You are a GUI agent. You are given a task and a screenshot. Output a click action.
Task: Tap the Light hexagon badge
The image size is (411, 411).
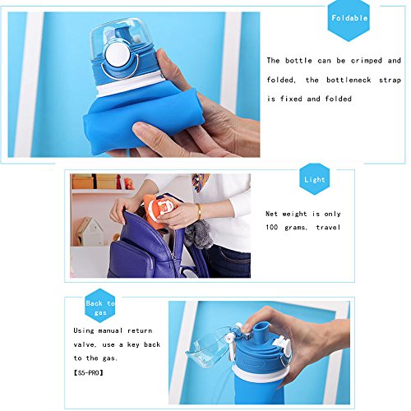(x=314, y=179)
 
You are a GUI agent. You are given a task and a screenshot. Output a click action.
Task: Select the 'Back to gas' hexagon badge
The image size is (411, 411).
(x=100, y=305)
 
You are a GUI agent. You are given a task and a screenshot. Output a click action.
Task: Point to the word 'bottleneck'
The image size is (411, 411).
(x=349, y=80)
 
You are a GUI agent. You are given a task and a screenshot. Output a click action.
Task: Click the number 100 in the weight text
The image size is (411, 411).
(x=271, y=227)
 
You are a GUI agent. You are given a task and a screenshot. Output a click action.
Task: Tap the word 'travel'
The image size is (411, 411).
(x=328, y=228)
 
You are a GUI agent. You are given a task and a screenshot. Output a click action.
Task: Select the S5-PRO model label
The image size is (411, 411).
(x=88, y=372)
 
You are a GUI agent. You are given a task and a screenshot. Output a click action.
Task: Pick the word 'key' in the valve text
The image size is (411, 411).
(x=133, y=344)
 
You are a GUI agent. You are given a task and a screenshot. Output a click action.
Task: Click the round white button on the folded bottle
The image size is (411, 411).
(x=118, y=55)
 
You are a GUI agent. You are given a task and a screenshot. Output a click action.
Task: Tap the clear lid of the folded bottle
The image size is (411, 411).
(x=121, y=37)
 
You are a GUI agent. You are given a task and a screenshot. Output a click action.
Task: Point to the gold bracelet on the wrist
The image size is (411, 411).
(x=199, y=212)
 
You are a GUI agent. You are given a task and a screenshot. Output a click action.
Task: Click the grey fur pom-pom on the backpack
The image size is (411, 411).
(x=198, y=235)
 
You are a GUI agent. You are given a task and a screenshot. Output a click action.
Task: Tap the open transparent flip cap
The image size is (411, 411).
(x=209, y=346)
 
